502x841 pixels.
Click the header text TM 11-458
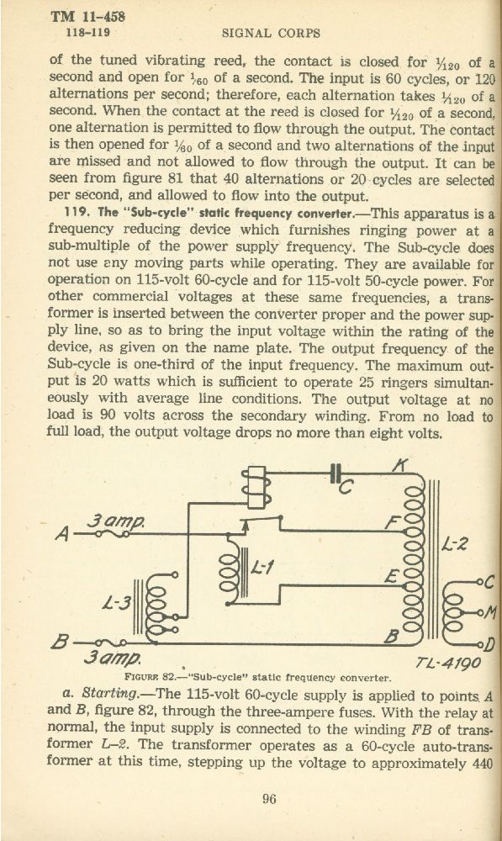(x=88, y=16)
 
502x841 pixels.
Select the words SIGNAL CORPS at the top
(x=271, y=34)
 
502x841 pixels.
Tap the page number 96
(x=269, y=799)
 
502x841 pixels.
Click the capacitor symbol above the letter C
(x=336, y=473)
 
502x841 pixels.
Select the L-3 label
(x=116, y=603)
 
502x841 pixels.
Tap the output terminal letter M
(x=489, y=612)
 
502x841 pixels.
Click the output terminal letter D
(x=489, y=643)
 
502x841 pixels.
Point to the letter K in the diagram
(x=399, y=465)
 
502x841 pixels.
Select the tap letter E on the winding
(x=392, y=578)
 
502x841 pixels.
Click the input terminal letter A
(x=63, y=535)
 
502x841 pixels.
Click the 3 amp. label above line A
(x=115, y=520)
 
